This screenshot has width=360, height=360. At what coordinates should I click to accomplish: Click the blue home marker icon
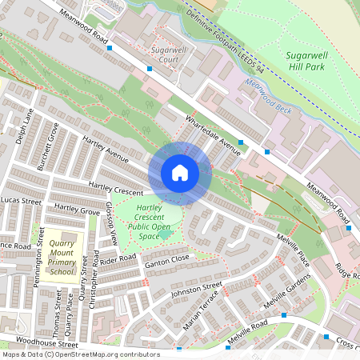click(180, 173)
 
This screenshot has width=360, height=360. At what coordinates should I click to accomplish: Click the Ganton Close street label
click(166, 259)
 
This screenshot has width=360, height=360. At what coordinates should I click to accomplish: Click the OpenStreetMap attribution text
click(80, 354)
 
